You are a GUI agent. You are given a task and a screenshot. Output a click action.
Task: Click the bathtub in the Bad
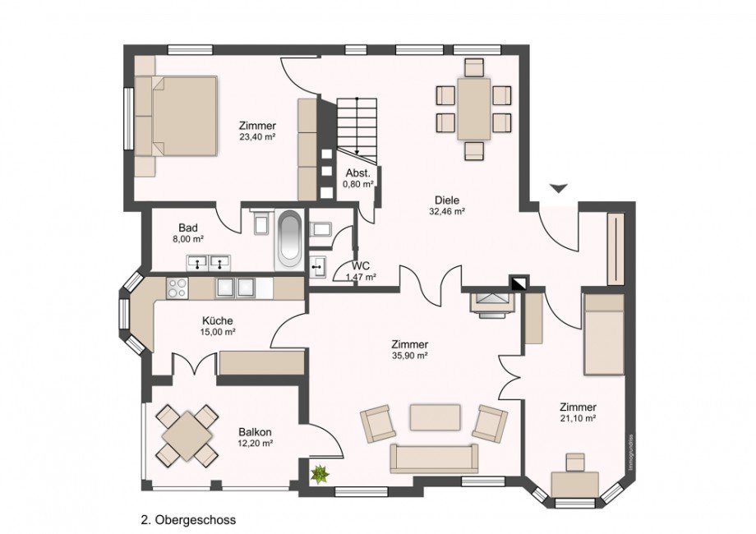[x=289, y=239]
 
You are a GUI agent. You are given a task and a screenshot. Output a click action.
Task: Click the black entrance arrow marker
[x=559, y=189]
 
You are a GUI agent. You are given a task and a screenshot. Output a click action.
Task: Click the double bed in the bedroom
[x=177, y=116]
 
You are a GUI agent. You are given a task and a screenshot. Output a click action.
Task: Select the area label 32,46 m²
[x=447, y=211]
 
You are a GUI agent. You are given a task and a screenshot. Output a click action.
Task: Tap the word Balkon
[x=255, y=432]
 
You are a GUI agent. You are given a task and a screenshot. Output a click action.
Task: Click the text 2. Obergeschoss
[x=188, y=520]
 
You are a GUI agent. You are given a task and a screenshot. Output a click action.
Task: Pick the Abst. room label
[x=357, y=173]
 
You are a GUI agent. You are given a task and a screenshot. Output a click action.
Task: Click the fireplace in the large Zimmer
[x=491, y=302]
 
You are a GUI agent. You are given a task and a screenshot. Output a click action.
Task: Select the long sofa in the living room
[x=434, y=458]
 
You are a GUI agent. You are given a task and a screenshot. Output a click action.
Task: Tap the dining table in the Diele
[x=474, y=108]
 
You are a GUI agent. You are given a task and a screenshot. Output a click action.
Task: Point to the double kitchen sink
[x=236, y=288]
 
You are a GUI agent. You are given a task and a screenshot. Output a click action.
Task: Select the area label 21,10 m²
[x=578, y=418]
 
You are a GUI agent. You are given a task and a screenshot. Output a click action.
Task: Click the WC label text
[x=359, y=266]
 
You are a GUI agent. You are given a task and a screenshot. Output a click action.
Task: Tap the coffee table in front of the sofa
[x=435, y=417]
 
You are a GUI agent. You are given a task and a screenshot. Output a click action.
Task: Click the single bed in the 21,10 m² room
[x=604, y=334]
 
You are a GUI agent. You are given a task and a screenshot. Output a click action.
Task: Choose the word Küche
[x=218, y=321]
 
